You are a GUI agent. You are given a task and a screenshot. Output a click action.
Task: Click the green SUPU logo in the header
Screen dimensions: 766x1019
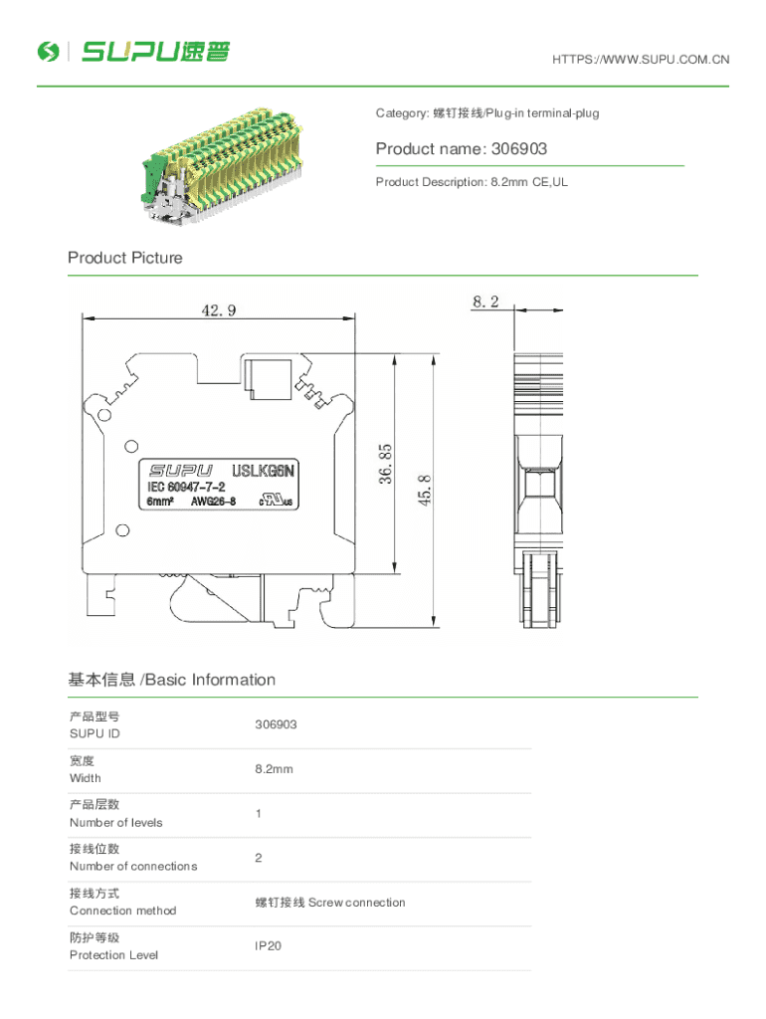pyautogui.click(x=133, y=52)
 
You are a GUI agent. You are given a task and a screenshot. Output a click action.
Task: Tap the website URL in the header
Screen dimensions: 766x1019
pyautogui.click(x=641, y=60)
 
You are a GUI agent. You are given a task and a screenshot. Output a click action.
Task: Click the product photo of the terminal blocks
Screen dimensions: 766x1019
pyautogui.click(x=222, y=166)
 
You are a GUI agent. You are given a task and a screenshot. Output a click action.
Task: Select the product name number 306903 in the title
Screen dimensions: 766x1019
pyautogui.click(x=519, y=149)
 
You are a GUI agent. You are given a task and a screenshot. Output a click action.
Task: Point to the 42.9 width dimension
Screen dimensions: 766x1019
pyautogui.click(x=218, y=310)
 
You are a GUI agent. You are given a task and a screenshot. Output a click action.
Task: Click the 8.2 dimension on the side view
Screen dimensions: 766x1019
pyautogui.click(x=485, y=302)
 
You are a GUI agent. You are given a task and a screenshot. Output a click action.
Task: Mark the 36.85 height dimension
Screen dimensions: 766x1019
pyautogui.click(x=385, y=464)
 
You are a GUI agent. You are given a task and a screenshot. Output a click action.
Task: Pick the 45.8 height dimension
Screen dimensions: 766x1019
pyautogui.click(x=424, y=490)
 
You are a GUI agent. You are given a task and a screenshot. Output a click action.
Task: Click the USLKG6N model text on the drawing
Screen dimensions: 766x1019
pyautogui.click(x=264, y=471)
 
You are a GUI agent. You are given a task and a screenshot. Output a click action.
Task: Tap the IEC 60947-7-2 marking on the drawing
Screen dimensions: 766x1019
pyautogui.click(x=186, y=487)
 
